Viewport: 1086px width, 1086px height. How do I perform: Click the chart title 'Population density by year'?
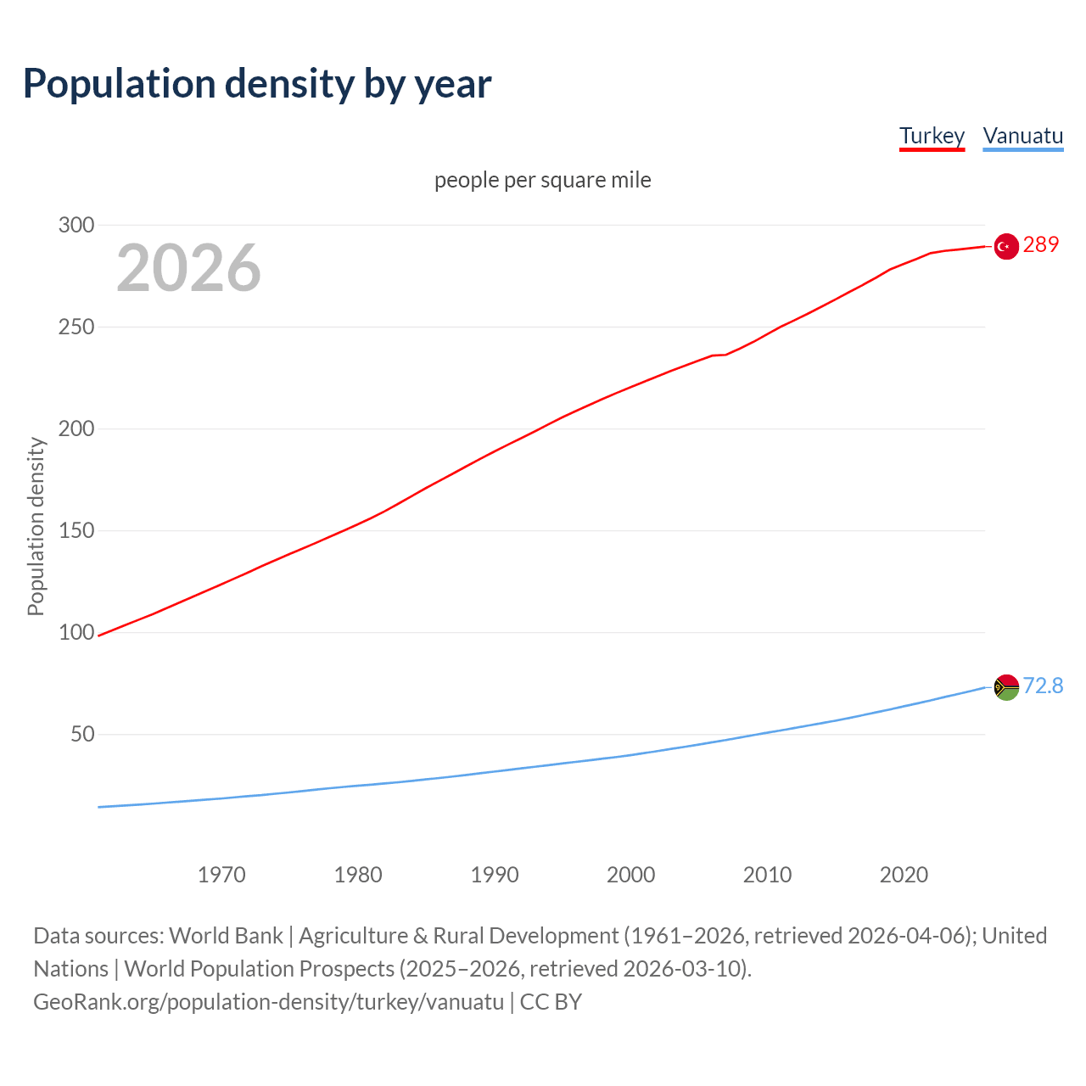coord(257,84)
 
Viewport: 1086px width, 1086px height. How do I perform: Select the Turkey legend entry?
coord(932,137)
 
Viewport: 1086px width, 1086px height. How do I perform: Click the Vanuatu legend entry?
coord(1022,137)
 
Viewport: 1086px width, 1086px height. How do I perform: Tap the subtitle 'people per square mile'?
coord(542,181)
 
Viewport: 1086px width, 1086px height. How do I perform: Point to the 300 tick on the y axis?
coord(76,225)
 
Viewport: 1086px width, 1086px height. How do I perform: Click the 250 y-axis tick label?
coord(76,327)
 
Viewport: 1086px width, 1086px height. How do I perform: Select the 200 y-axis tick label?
coord(76,428)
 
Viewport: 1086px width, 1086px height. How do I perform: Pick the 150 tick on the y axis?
coord(76,530)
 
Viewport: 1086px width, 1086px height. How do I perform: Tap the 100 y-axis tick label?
coord(76,632)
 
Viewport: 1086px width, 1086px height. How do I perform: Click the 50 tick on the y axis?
coord(82,734)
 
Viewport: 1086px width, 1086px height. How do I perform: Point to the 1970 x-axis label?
coord(221,875)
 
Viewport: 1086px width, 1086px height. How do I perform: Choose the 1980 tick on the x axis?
coord(358,875)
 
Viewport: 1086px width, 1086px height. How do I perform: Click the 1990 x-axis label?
coord(495,875)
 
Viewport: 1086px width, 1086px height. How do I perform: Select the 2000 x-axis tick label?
coord(630,875)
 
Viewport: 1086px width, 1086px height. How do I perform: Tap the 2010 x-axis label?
coord(767,875)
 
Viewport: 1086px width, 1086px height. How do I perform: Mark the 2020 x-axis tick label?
coord(904,875)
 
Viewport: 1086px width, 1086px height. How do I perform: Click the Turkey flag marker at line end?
coord(1006,246)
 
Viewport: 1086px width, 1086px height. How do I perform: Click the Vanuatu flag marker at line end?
coord(1006,687)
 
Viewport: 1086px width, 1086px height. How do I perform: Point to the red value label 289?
coord(1041,245)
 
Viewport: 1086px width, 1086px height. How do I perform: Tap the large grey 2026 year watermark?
coord(188,268)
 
